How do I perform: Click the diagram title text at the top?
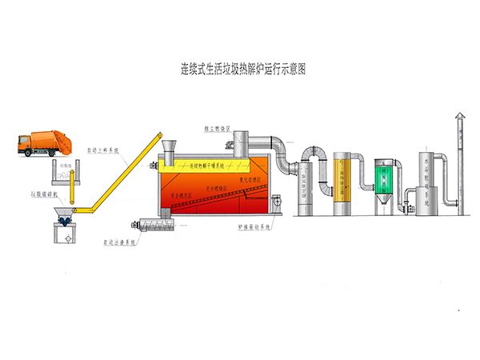tap(239, 70)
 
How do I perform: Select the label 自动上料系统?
tap(102, 148)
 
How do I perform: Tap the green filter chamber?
tap(387, 177)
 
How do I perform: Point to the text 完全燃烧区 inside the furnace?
tap(178, 195)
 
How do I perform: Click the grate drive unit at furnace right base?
tap(275, 205)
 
